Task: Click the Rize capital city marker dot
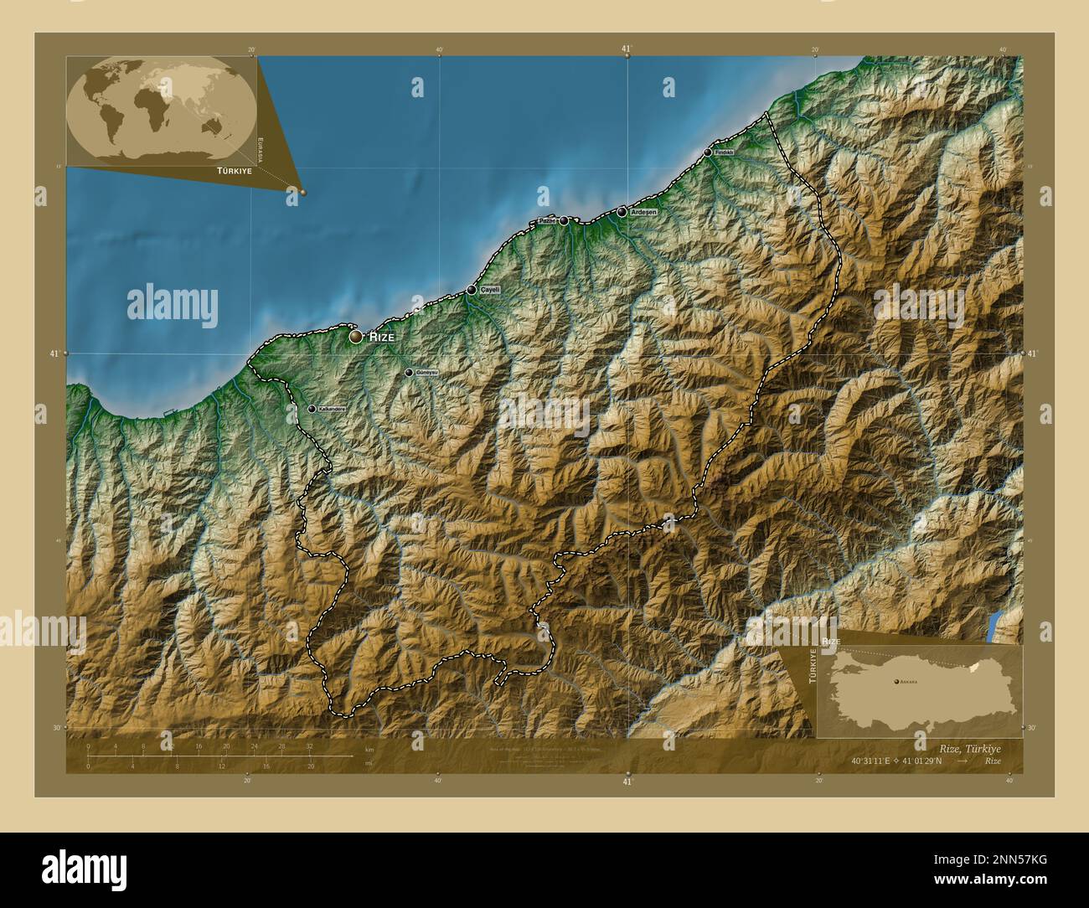pos(356,337)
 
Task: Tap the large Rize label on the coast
pos(382,337)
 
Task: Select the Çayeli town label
pos(489,290)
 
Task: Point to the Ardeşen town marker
pos(622,213)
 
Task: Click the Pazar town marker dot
pos(564,221)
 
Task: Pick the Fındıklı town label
pos(724,152)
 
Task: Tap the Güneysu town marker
pos(409,373)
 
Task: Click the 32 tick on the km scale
pos(309,746)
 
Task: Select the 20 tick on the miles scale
pos(311,766)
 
